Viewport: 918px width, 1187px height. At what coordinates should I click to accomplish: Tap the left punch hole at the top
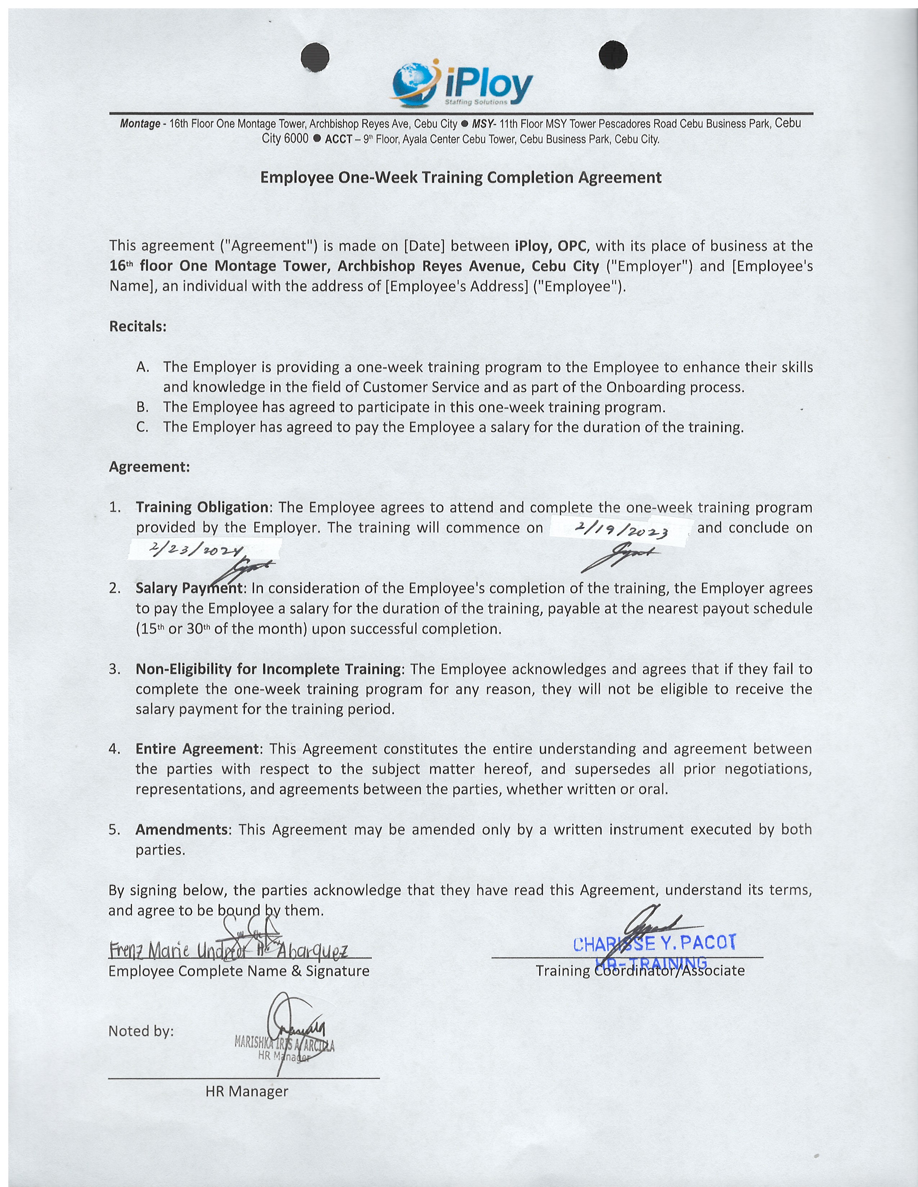[x=315, y=56]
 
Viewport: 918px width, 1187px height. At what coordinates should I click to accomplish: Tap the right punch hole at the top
[x=613, y=55]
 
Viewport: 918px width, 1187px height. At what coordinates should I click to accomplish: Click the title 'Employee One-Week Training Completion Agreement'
[x=461, y=178]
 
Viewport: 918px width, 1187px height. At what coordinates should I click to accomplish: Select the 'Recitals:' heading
[x=138, y=327]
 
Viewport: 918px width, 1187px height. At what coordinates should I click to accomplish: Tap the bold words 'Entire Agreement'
[x=197, y=749]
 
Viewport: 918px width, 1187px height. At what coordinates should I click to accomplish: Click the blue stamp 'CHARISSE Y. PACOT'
[x=655, y=943]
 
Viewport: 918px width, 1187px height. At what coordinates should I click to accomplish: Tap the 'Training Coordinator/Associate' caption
[x=640, y=971]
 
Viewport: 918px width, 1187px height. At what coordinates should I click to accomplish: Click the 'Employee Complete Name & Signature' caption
[x=239, y=971]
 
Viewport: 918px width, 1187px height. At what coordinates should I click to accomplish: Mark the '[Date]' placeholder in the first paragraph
[x=424, y=246]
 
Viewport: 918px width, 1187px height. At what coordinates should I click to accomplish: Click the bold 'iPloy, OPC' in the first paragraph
[x=551, y=246]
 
